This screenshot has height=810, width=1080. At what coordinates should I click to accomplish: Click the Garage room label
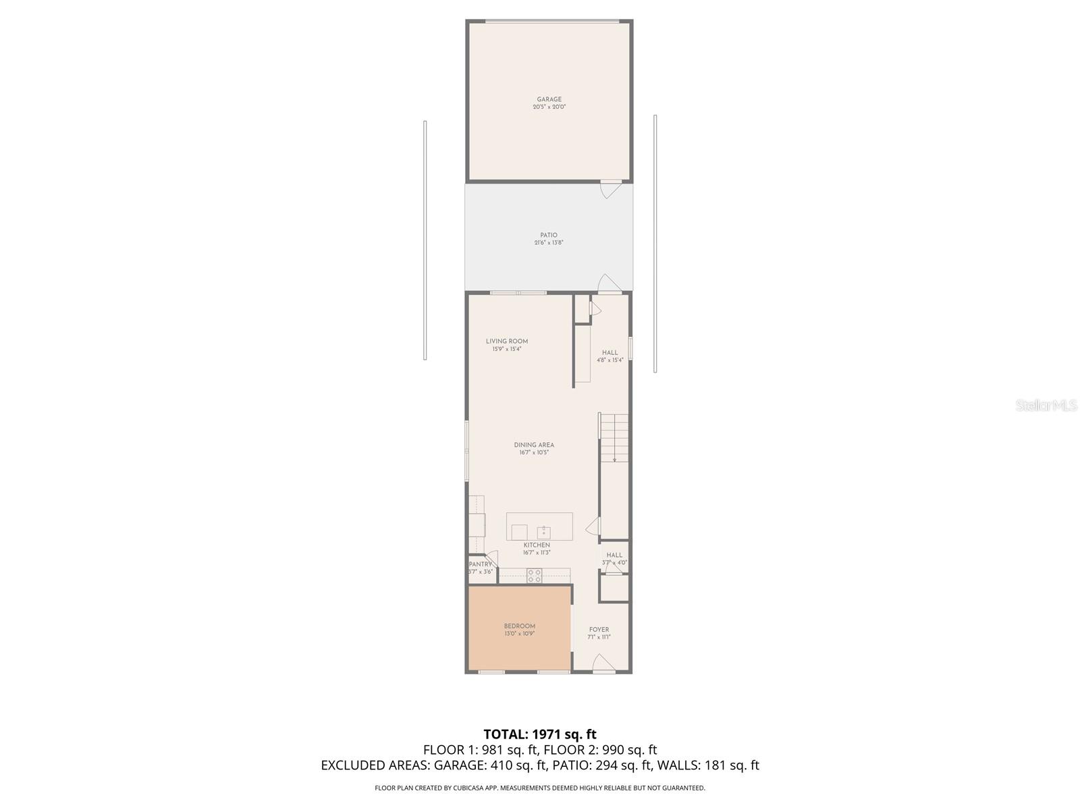coord(549,100)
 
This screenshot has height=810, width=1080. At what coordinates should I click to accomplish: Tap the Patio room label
coord(549,236)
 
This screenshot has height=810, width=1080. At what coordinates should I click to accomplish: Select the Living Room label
coord(507,342)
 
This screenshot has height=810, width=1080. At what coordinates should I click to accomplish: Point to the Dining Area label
coord(534,445)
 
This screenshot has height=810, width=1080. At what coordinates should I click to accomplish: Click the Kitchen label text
coord(537,545)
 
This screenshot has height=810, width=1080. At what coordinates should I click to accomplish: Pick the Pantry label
coord(481,564)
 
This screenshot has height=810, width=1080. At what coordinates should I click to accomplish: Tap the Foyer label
coord(599,630)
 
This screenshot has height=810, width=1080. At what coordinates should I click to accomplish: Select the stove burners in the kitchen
coord(535,576)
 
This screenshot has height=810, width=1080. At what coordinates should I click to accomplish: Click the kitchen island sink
coord(543,531)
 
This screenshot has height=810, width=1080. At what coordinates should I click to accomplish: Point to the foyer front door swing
coord(603,665)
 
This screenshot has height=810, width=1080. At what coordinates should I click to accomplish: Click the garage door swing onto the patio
coord(610,188)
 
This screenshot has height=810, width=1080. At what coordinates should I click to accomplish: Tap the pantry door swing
coord(491,559)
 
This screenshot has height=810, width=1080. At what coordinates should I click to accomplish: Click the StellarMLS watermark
coord(1046,406)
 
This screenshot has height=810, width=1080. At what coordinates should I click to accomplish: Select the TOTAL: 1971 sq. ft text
coord(540,734)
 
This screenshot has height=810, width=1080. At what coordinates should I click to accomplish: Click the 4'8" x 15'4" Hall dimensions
coord(610,360)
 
